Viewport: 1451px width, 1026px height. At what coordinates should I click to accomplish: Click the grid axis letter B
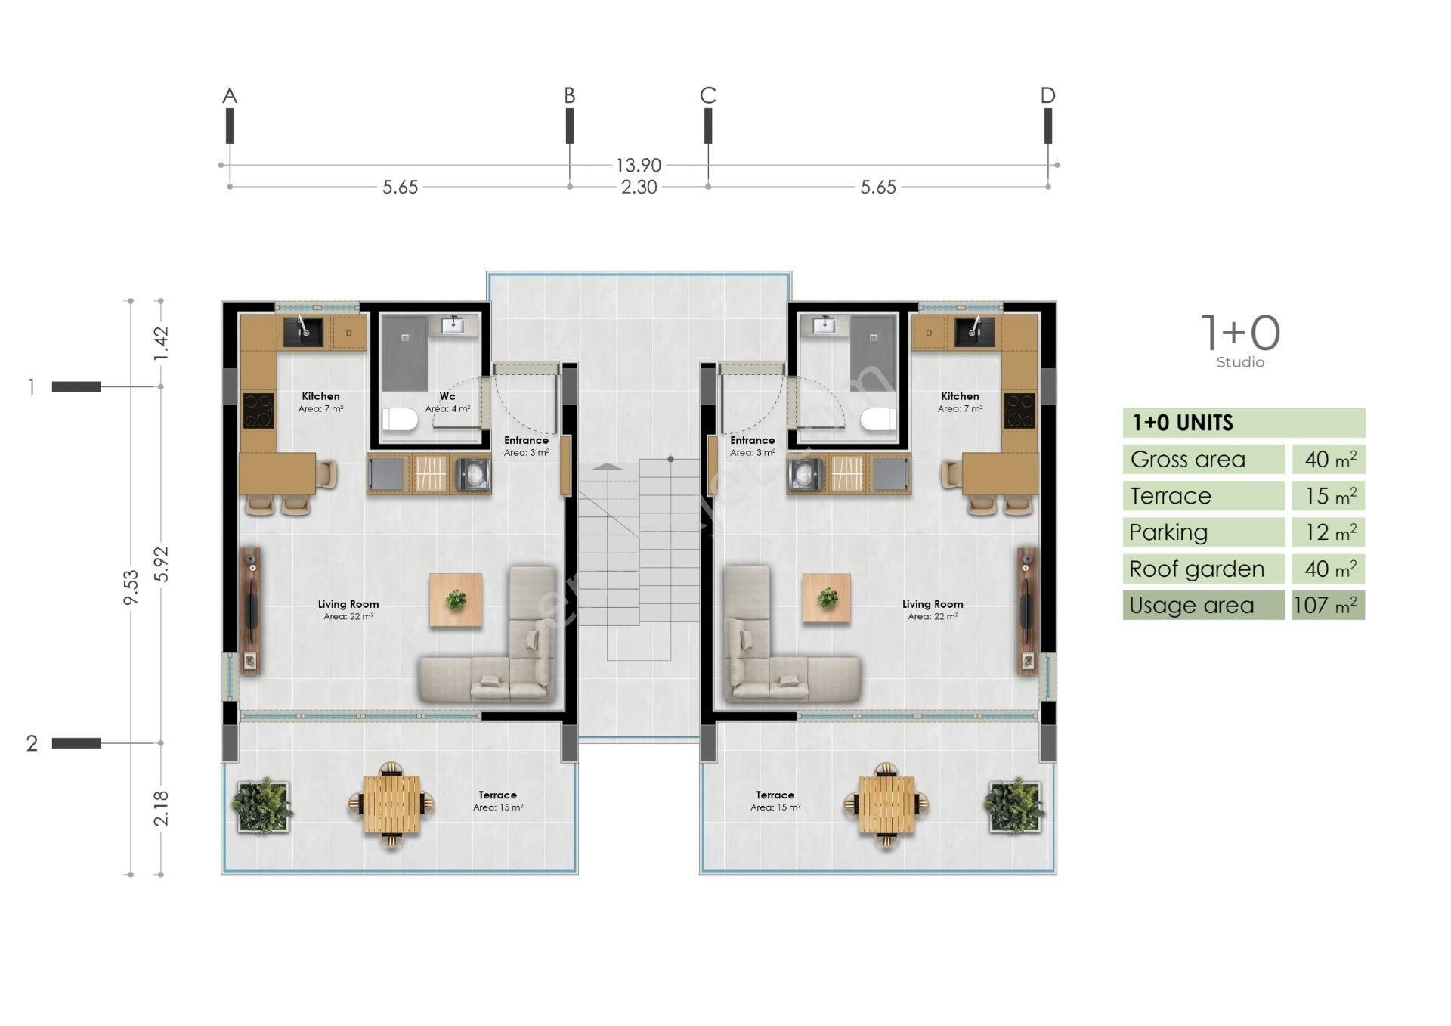569,95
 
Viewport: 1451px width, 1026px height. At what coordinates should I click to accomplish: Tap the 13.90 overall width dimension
638,165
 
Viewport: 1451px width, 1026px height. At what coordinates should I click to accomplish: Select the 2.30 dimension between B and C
639,187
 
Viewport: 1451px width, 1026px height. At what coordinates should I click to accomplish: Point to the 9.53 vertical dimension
131,587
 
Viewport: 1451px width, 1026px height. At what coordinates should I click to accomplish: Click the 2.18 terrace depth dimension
161,808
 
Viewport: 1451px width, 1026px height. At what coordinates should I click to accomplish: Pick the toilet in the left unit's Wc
400,420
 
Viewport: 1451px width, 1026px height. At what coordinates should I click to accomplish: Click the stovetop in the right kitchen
1019,411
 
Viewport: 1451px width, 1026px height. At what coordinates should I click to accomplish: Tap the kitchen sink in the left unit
302,332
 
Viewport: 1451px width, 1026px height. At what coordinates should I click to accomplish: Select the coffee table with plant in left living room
456,600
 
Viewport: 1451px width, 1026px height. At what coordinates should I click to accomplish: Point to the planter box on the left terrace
261,806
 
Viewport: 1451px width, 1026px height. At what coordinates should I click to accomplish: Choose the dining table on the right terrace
886,806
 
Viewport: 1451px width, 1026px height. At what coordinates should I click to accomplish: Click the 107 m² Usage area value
1327,606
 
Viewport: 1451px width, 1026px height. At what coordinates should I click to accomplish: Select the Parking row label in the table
1168,532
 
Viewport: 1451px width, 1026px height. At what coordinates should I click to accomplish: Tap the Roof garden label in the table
1196,569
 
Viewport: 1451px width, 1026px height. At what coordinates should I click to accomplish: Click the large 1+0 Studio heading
1240,334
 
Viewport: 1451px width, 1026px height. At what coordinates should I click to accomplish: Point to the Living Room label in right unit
933,604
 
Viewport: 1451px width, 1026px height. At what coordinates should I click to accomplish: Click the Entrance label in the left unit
526,440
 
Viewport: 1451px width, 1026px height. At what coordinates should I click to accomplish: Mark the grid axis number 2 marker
32,743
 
